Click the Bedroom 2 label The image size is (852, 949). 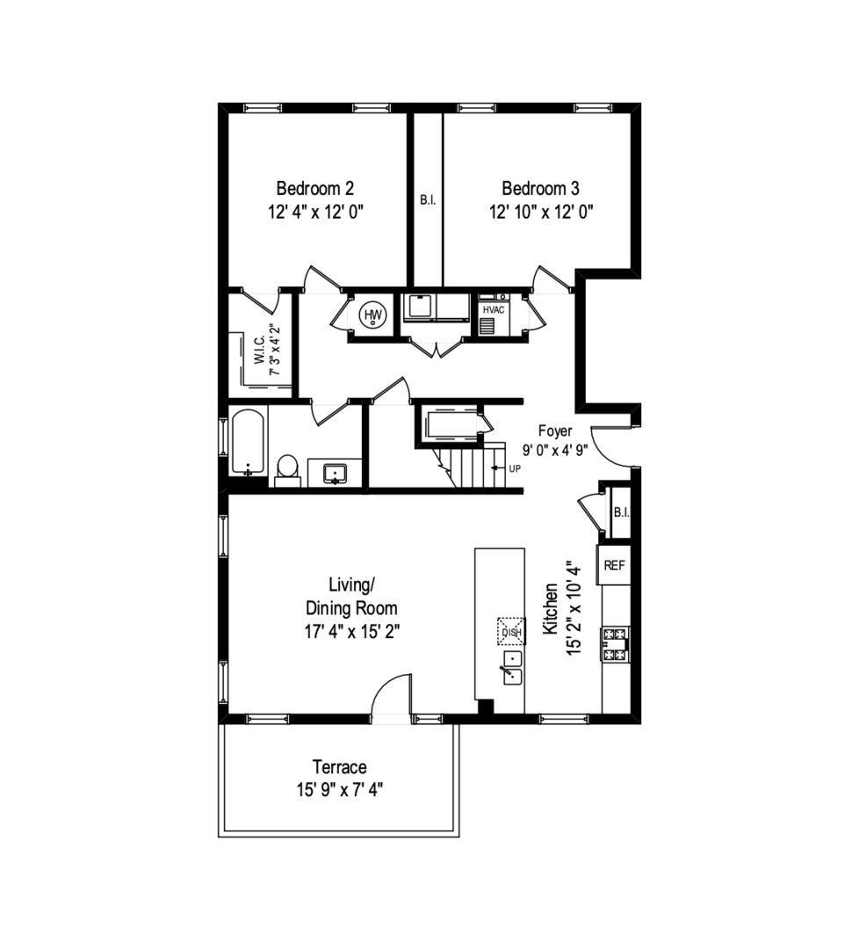(x=315, y=188)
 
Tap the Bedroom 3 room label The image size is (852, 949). (x=540, y=188)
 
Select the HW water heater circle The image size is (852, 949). (x=374, y=315)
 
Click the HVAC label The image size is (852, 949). (x=494, y=310)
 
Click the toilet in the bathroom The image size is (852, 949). (x=287, y=469)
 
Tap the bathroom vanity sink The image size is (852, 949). (x=336, y=474)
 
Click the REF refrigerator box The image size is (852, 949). (x=614, y=565)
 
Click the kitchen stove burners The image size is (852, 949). (x=614, y=644)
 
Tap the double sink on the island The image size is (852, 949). (x=510, y=668)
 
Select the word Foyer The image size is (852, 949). (x=555, y=431)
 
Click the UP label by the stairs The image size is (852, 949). (x=514, y=468)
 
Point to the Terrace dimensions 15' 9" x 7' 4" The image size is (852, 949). (x=339, y=789)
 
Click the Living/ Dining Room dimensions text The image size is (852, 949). (x=351, y=630)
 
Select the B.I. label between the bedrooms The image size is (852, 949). (x=427, y=200)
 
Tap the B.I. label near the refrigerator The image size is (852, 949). (x=620, y=512)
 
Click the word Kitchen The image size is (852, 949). (x=551, y=608)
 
